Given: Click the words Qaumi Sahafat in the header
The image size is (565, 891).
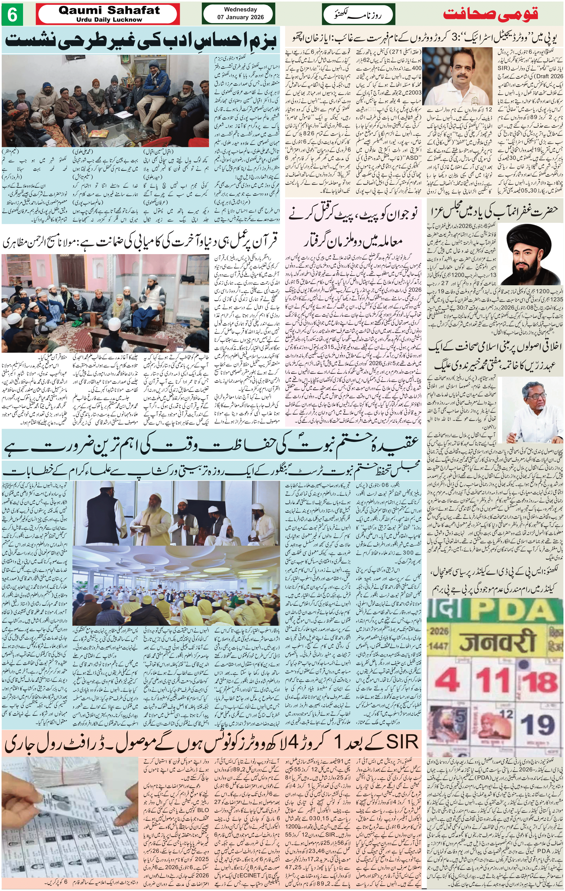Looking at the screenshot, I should [109, 10].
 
